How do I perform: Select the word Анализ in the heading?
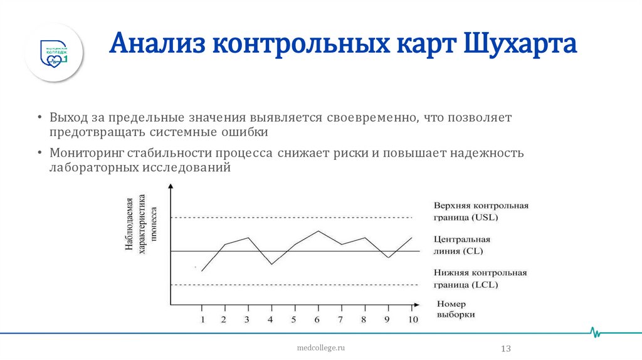157,46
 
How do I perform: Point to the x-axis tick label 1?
202,320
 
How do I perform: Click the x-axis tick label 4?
271,320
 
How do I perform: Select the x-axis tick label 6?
317,320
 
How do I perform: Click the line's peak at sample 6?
318,231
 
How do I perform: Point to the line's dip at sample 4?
271,264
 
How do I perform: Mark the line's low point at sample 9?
388,258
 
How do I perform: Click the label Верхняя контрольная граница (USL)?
480,211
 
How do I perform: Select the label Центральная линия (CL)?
461,245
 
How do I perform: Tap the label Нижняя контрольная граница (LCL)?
480,279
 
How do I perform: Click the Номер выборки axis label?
455,309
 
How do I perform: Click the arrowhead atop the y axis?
171,186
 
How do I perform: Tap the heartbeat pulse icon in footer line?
596,332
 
